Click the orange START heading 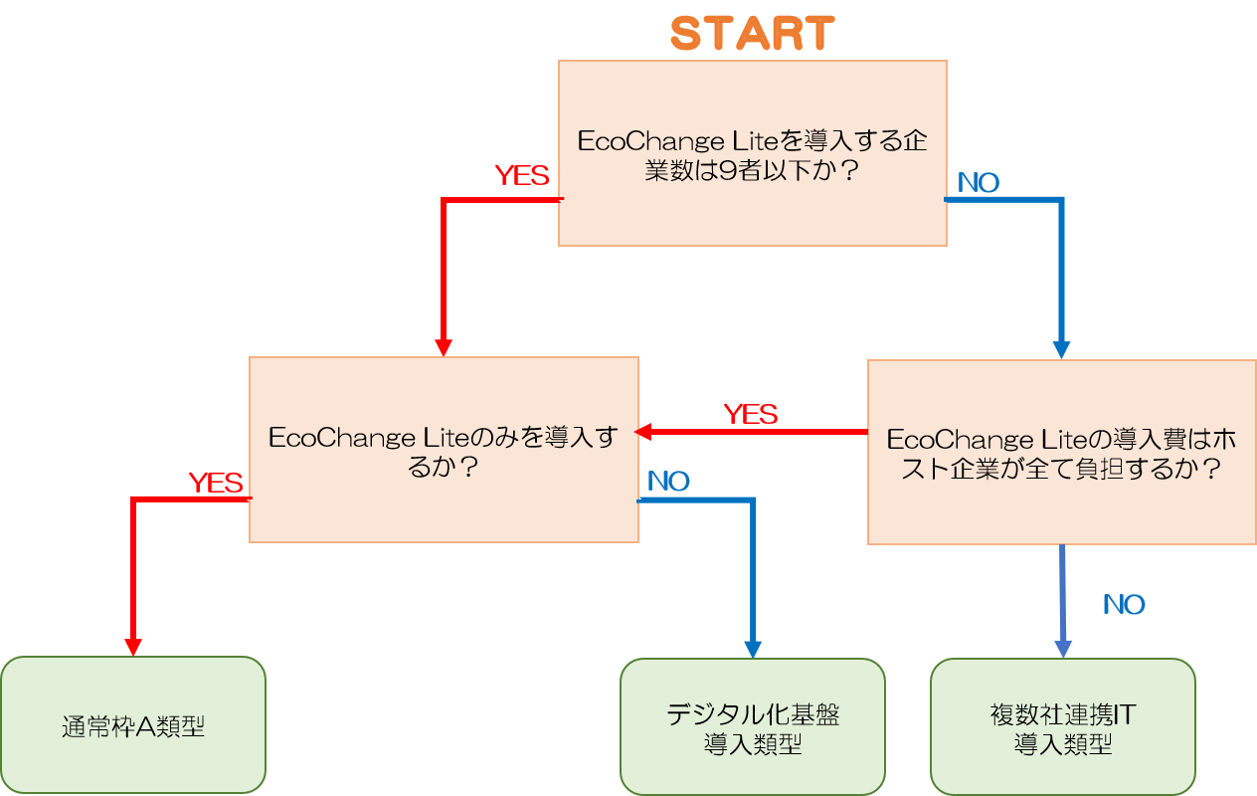coord(752,34)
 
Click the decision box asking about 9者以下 coord(752,152)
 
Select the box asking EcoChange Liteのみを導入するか coord(444,450)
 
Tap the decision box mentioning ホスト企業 coord(1061,452)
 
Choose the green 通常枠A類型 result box coord(133,725)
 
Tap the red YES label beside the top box coord(522,176)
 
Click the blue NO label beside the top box coord(978,183)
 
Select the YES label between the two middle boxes coord(751,414)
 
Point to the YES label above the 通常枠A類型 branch coord(216,484)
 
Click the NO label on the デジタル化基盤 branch coord(668,482)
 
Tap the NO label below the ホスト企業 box coord(1124,605)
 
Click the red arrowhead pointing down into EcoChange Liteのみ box coord(444,347)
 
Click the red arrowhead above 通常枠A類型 coord(132,646)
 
